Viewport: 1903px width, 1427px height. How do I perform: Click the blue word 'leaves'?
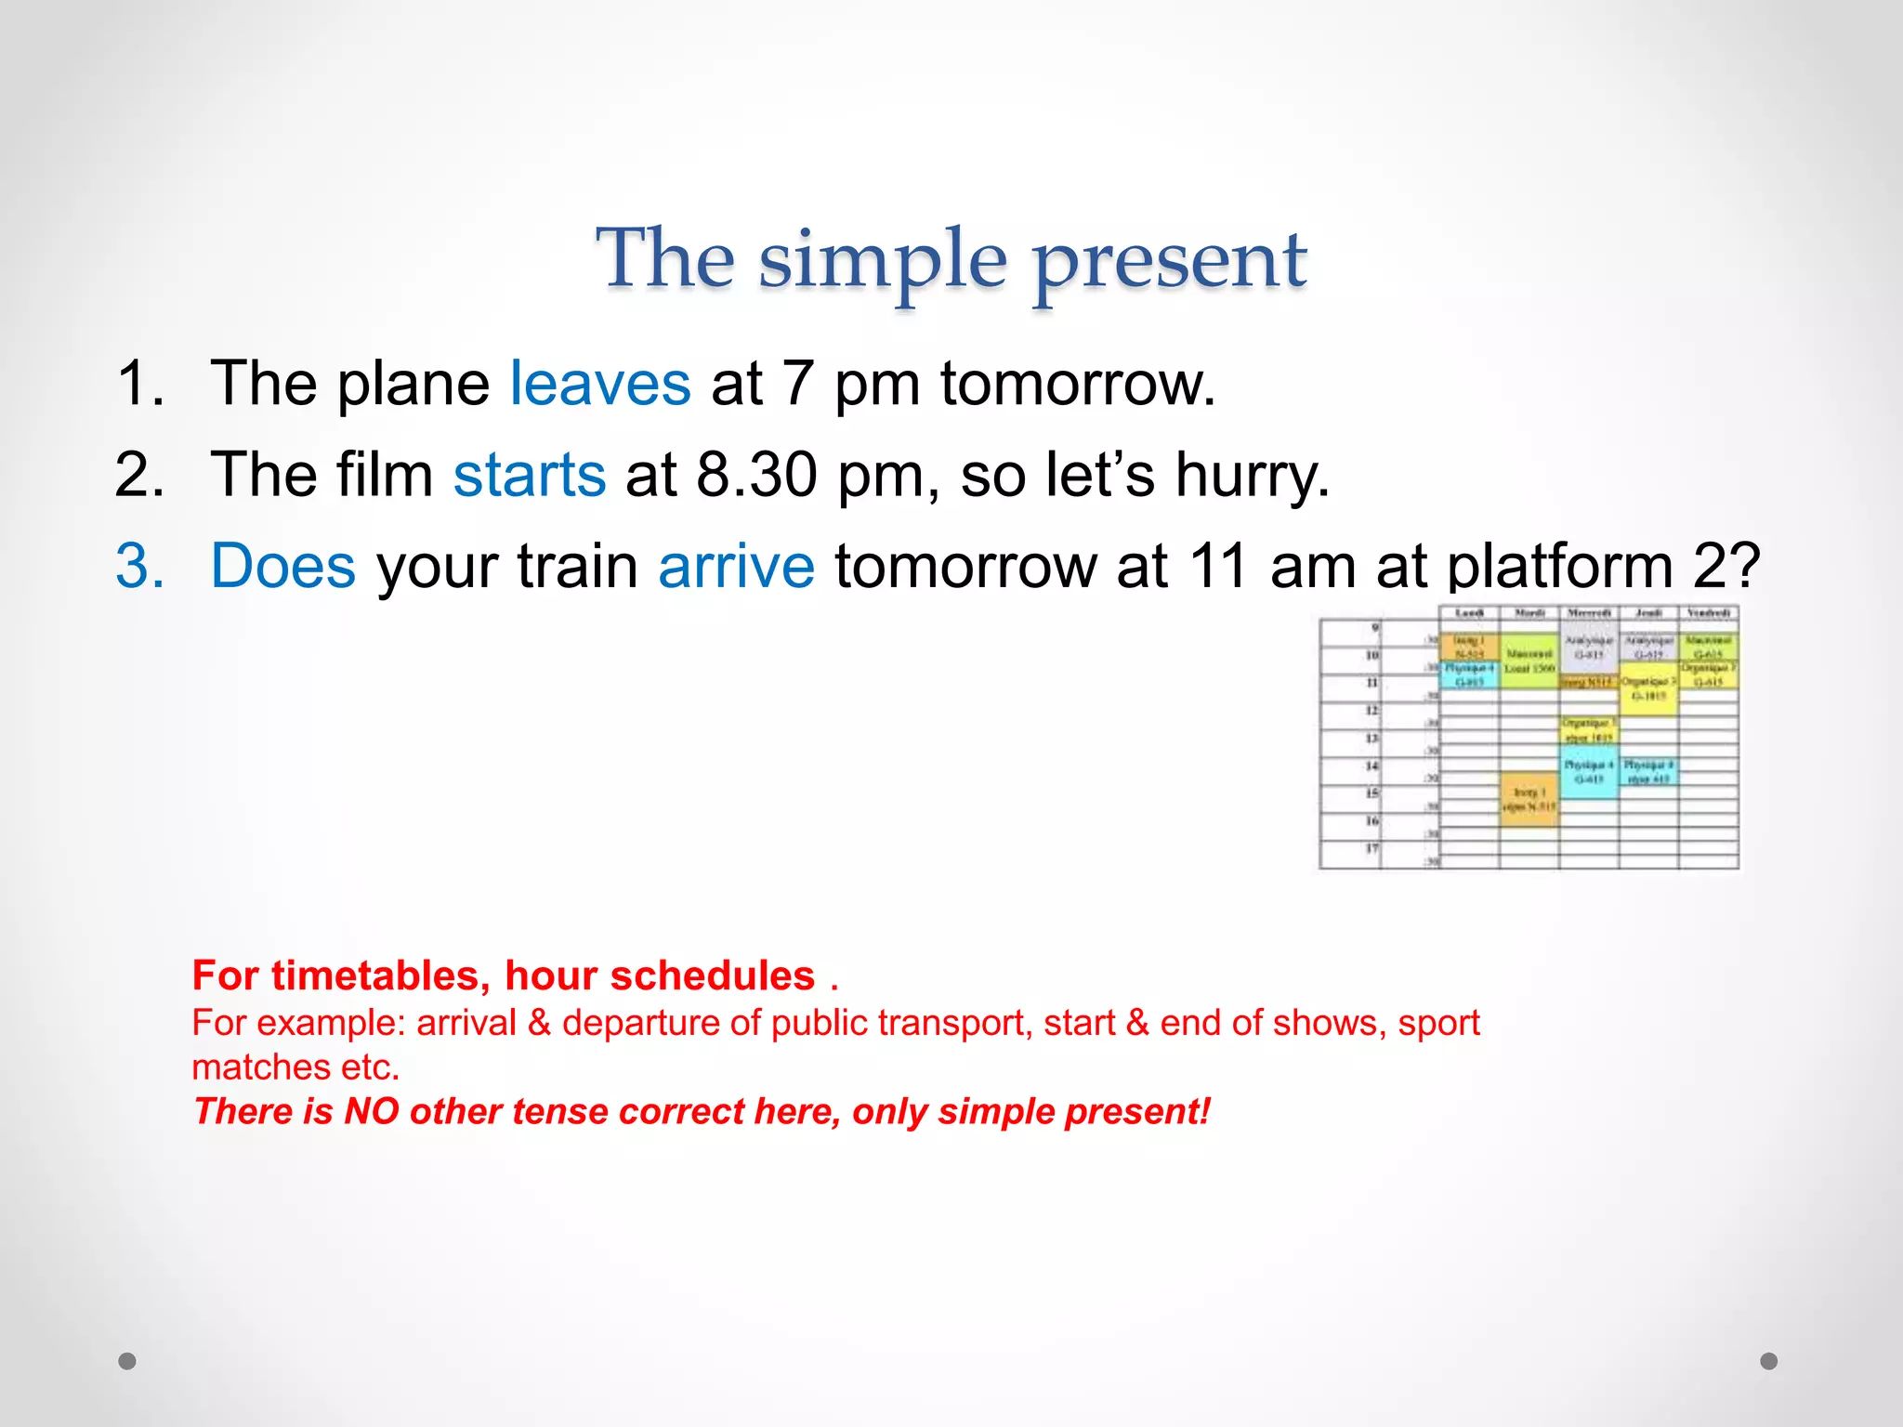click(x=600, y=383)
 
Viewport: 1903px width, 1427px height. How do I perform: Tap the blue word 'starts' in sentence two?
click(x=530, y=475)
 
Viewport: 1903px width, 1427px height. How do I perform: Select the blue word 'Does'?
click(x=283, y=566)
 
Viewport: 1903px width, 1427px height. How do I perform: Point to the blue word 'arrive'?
click(x=736, y=566)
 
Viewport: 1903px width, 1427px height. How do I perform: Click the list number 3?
click(x=139, y=566)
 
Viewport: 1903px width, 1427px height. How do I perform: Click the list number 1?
click(x=139, y=383)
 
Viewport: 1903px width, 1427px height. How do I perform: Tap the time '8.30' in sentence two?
click(x=756, y=475)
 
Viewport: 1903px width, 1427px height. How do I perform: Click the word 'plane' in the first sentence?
click(x=413, y=383)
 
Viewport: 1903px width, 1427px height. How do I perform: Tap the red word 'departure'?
click(x=641, y=1023)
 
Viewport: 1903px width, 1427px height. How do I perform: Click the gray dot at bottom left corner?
click(x=127, y=1361)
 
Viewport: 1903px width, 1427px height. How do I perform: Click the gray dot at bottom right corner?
click(x=1769, y=1361)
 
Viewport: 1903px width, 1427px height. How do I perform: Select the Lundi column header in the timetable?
click(x=1469, y=613)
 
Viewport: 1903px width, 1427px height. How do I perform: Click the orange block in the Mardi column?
click(x=1529, y=798)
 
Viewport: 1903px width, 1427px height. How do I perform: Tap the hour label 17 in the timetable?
click(x=1371, y=848)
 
